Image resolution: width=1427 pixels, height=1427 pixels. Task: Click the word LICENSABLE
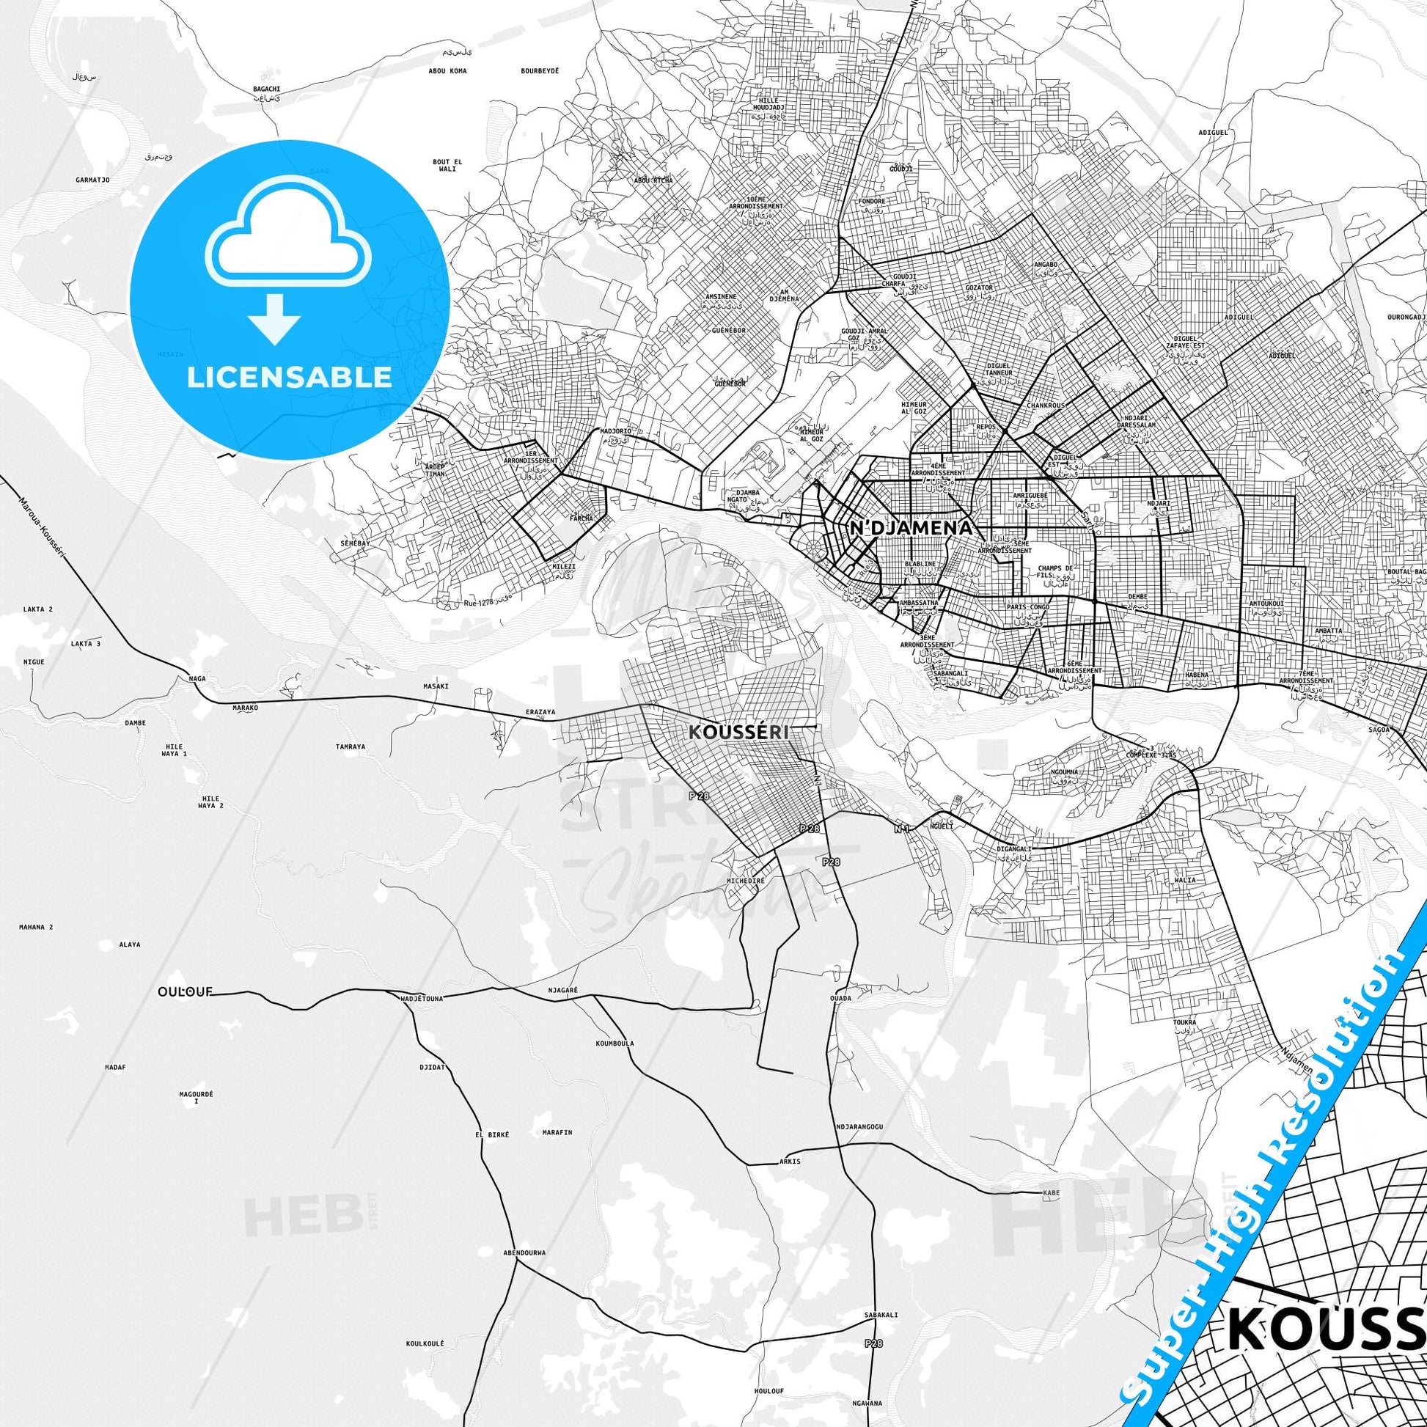tap(289, 378)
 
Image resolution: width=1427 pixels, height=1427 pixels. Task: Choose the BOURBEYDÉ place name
tap(539, 71)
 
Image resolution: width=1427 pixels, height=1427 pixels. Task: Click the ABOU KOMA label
tap(447, 71)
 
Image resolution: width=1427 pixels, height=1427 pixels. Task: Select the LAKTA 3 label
tap(85, 643)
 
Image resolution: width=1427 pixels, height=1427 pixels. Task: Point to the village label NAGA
tap(197, 678)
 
